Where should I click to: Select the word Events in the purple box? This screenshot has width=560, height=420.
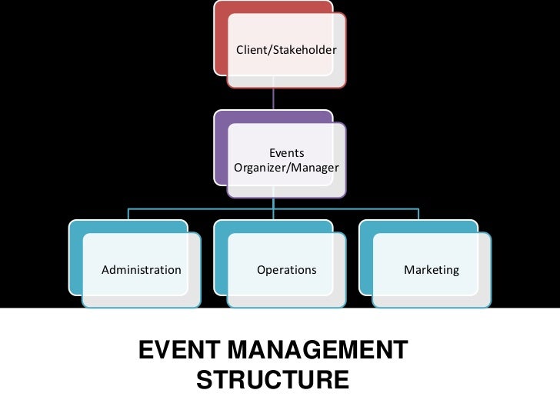(x=286, y=153)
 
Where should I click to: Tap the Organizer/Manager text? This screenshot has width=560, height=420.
(x=286, y=167)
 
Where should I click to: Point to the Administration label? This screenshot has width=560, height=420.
(x=142, y=270)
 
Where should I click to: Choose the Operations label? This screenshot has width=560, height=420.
(x=286, y=270)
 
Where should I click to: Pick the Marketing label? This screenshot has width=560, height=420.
(x=432, y=270)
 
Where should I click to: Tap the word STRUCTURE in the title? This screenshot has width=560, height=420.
(x=272, y=380)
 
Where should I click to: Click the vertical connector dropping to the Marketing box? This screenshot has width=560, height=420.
(x=419, y=213)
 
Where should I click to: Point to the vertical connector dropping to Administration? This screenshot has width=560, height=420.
(x=128, y=213)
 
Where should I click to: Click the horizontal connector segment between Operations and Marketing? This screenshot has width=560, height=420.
(x=346, y=208)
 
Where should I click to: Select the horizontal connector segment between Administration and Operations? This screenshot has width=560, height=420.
(x=200, y=208)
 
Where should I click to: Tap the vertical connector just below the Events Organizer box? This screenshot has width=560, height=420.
(x=274, y=202)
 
